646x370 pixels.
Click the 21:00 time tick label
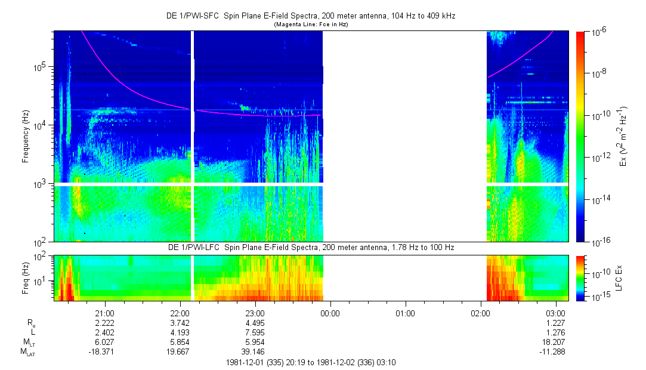105,313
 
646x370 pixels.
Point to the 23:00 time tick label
255,313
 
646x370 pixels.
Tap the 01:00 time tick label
406,313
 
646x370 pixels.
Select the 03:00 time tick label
556,313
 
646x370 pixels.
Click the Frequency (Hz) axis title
26,136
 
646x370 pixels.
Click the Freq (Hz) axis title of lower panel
26,277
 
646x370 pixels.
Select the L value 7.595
255,332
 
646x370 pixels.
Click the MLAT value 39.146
255,351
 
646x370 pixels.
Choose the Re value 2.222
105,323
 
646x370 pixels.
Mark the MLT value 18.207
556,342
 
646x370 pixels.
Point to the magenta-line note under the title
311,25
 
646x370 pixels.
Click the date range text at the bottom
311,362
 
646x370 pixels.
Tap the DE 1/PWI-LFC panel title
311,247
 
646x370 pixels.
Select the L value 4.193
180,332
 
